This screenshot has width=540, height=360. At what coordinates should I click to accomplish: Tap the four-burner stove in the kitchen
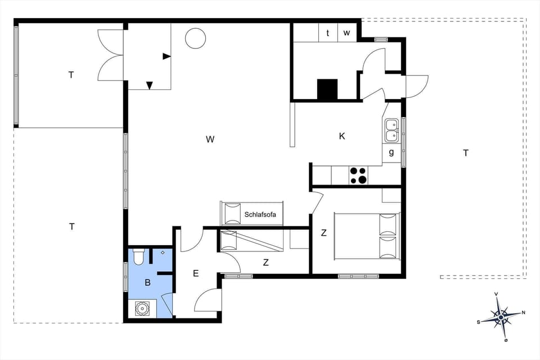(358, 175)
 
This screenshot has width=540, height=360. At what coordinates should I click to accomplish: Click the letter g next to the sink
(391, 152)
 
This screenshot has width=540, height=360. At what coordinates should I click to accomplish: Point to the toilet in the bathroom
(139, 256)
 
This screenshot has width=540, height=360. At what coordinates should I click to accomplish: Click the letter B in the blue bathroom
(147, 283)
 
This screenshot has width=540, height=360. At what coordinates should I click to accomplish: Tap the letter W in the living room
(210, 139)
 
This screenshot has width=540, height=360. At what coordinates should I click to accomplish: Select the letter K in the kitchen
(341, 136)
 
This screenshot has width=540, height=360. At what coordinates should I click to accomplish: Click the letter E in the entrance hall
(196, 273)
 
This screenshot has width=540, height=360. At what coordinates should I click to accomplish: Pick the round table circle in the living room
(196, 38)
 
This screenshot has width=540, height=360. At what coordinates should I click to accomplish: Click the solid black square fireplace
(327, 89)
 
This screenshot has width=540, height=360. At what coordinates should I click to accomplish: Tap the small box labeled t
(328, 33)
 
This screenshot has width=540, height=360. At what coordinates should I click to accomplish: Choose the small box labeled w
(346, 33)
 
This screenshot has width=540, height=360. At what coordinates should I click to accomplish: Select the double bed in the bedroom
(366, 236)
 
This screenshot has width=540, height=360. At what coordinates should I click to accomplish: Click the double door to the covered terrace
(110, 55)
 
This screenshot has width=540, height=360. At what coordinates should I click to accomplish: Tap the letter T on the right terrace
(465, 152)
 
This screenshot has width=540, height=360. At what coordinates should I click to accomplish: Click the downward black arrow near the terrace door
(150, 85)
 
